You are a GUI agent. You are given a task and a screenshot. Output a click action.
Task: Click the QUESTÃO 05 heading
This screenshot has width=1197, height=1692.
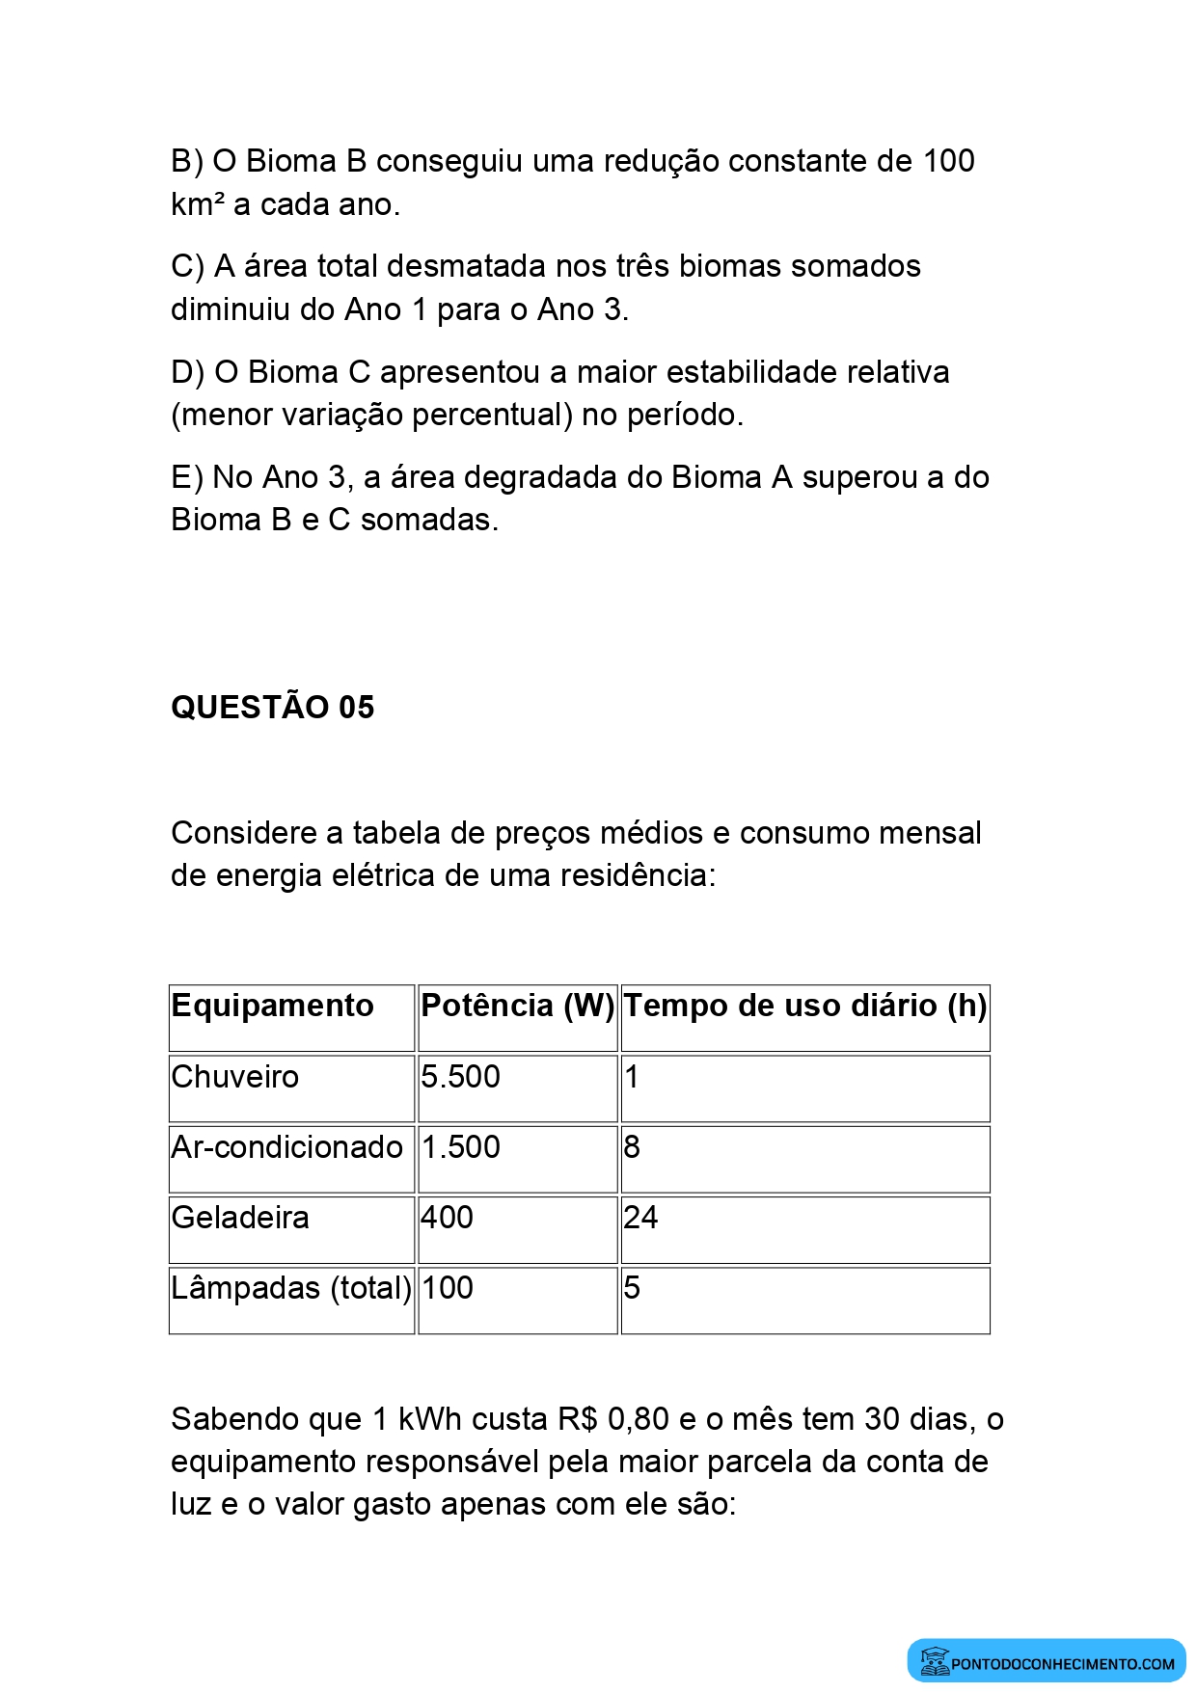(272, 707)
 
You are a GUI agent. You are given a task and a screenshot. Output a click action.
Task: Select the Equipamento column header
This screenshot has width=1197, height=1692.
(272, 1006)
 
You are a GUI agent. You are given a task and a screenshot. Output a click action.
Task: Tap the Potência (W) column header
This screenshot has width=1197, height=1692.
(517, 1006)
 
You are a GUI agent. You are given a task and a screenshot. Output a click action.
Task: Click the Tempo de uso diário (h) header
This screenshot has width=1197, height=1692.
(804, 1006)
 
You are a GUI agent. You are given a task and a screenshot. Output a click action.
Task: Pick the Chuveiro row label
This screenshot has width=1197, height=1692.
(235, 1076)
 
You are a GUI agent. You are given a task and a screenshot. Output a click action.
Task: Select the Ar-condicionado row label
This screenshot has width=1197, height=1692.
(286, 1146)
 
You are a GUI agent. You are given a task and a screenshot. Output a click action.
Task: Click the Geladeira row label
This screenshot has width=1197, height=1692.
(240, 1217)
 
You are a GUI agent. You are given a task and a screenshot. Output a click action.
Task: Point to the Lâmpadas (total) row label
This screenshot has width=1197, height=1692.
(290, 1287)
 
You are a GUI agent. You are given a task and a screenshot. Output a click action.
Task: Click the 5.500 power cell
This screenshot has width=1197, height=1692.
(461, 1076)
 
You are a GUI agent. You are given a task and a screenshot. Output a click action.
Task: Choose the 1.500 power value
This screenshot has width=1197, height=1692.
(461, 1146)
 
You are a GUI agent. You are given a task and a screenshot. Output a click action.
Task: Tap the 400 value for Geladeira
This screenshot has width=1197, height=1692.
(448, 1217)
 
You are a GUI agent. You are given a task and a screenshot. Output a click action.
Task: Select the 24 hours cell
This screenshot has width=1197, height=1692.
(640, 1217)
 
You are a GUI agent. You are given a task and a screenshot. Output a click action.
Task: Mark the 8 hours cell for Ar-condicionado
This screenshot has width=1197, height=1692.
(632, 1146)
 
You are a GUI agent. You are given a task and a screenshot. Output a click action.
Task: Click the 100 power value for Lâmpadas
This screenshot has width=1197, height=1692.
(448, 1287)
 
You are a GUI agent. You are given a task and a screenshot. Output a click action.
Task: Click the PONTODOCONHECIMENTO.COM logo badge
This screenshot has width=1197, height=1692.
(1047, 1661)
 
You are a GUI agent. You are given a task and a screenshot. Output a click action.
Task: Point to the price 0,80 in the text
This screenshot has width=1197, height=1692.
(638, 1419)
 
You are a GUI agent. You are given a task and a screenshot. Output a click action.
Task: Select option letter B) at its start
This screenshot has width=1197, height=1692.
(186, 161)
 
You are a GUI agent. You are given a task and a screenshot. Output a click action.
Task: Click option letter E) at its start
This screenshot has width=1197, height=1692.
(186, 477)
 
